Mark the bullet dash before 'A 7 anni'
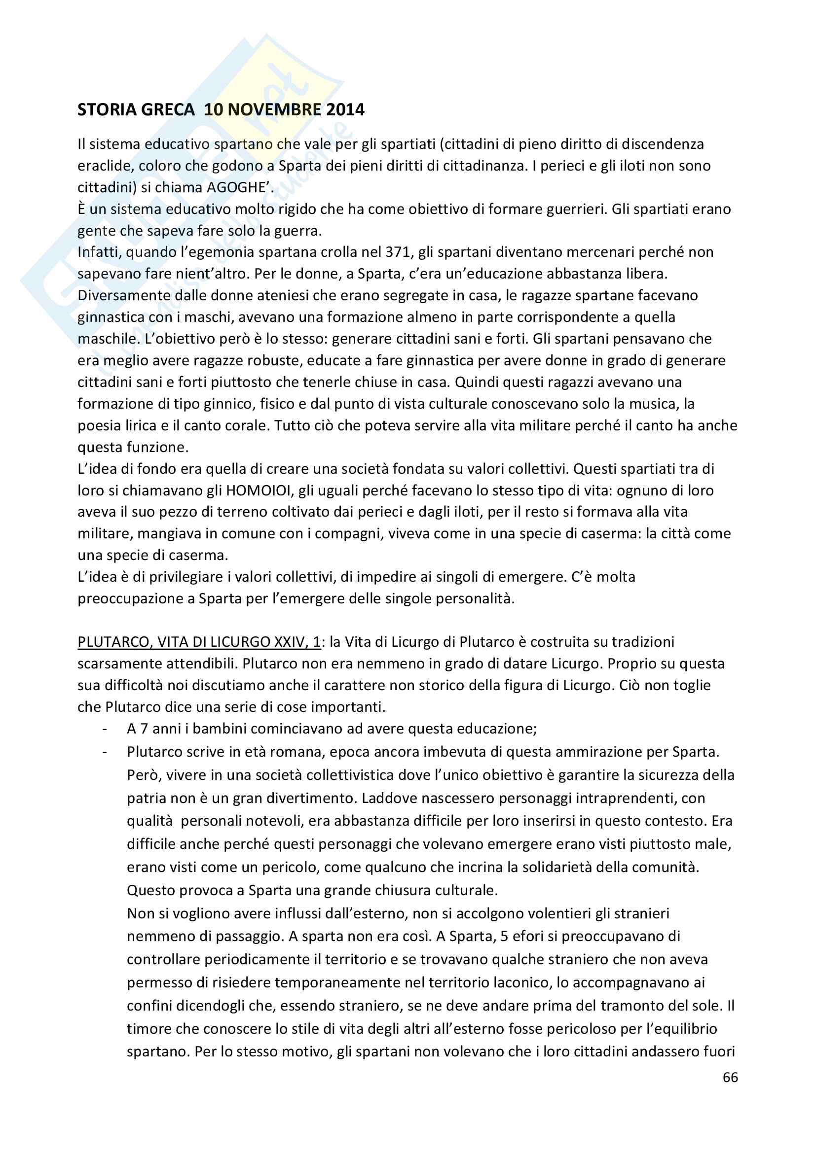105,729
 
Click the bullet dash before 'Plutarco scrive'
105,752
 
